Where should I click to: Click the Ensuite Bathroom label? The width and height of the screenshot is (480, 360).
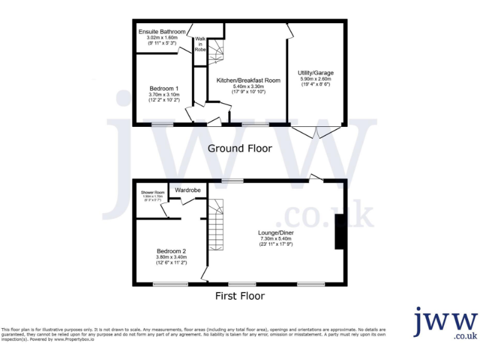click(x=162, y=32)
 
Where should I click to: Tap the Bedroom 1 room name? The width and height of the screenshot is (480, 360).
click(x=164, y=87)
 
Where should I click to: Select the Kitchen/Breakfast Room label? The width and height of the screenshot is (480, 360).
click(x=241, y=81)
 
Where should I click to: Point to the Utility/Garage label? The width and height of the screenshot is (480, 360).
click(x=315, y=73)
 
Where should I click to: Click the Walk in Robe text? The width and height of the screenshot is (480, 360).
click(x=201, y=44)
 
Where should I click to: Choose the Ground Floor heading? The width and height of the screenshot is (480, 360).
click(x=239, y=149)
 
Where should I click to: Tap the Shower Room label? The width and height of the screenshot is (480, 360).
click(x=152, y=192)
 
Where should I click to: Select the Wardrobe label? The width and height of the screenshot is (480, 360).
click(x=187, y=189)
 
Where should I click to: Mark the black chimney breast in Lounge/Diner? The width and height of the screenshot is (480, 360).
click(x=339, y=232)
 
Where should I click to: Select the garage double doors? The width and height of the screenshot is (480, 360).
click(x=316, y=132)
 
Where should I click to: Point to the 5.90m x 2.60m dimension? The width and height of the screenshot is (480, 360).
click(x=315, y=79)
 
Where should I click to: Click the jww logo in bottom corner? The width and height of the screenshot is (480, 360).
click(x=445, y=323)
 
